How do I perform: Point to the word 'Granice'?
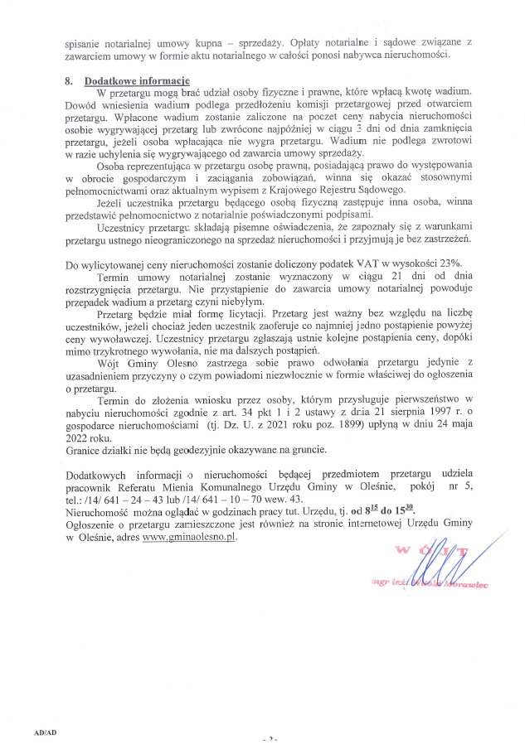pos(84,450)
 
